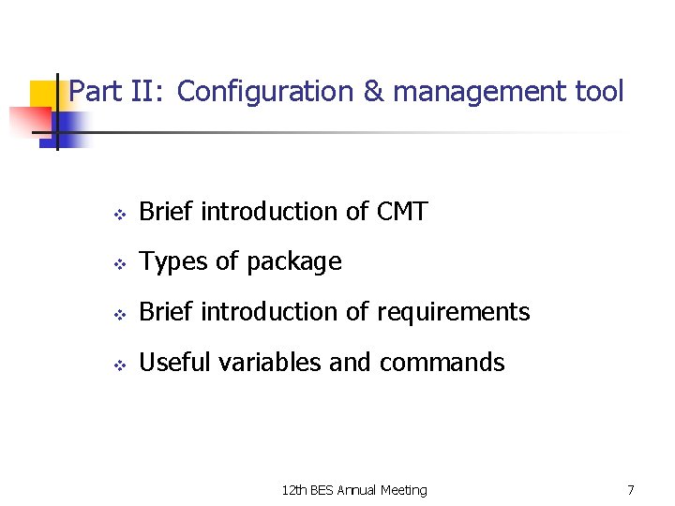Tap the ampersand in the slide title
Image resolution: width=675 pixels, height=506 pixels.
pos(372,92)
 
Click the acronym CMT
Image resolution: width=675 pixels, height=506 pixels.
pos(401,212)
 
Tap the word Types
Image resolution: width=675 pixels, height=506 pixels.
pos(173,261)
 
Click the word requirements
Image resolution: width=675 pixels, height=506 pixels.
pos(454,312)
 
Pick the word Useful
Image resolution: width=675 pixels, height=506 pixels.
pos(176,362)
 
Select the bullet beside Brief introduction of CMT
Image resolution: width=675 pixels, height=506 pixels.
pos(119,214)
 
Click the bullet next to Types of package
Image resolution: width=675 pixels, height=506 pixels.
pos(119,263)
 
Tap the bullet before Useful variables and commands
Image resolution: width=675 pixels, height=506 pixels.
pos(119,364)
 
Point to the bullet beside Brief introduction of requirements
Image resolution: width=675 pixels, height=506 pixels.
pos(119,314)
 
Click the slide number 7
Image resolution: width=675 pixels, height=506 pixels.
pos(631,490)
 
